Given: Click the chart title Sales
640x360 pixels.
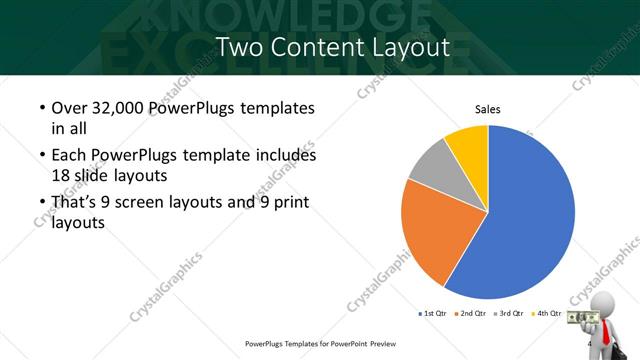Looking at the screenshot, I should click(x=487, y=110).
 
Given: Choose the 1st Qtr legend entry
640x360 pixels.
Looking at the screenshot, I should click(x=434, y=313).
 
